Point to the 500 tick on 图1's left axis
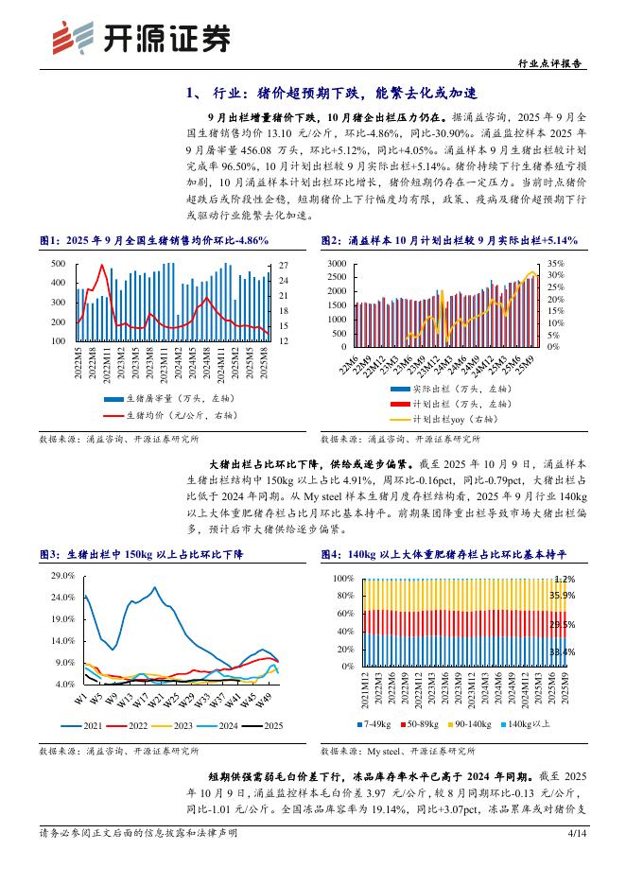pyautogui.click(x=58, y=264)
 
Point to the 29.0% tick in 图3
pyautogui.click(x=62, y=576)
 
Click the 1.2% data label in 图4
pyautogui.click(x=564, y=580)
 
